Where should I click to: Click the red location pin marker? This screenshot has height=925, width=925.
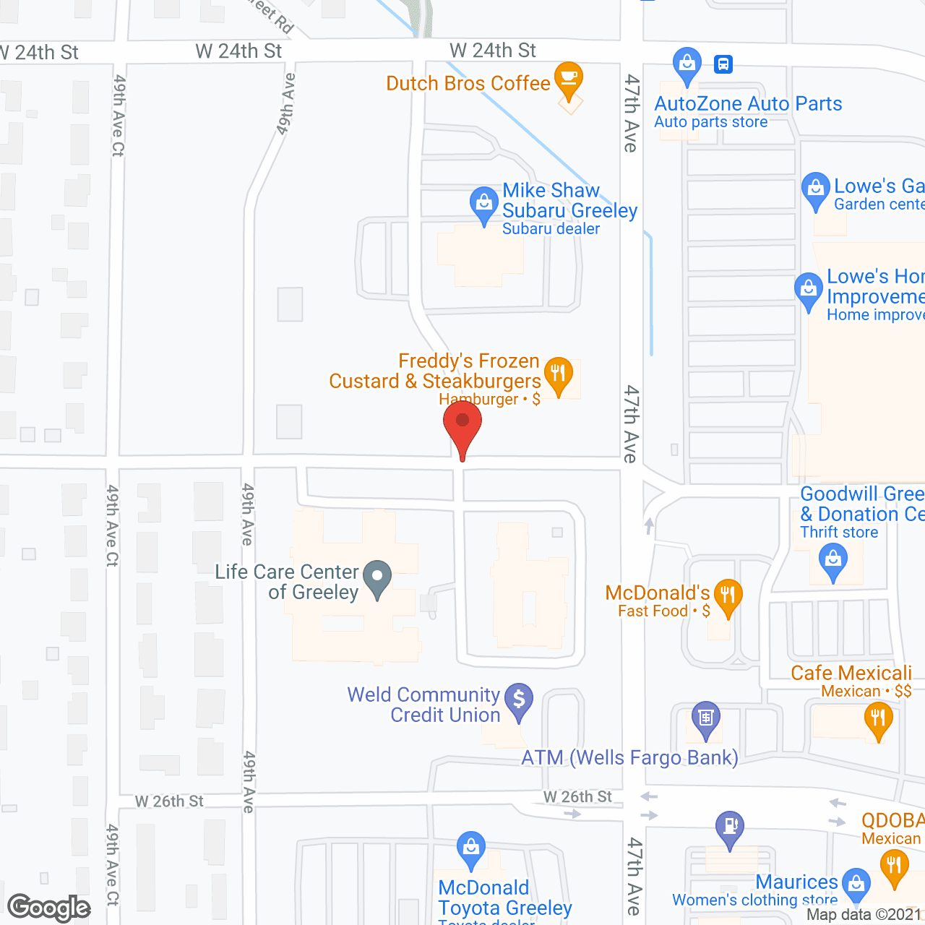coord(462,423)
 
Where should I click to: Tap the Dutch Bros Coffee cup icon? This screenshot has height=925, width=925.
coord(569,77)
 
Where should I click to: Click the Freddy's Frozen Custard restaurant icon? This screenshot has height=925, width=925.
coord(558,374)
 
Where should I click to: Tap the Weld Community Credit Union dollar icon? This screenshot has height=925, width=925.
coord(518,700)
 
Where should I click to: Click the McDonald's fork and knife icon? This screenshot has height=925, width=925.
coord(728,595)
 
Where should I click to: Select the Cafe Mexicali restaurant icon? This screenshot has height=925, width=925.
coord(878,719)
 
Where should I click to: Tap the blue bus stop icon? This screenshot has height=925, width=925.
coord(723,64)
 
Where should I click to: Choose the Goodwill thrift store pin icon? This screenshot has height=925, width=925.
coord(833,559)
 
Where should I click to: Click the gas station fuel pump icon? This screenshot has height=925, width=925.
coord(730,827)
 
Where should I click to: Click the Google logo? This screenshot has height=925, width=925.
coord(49,908)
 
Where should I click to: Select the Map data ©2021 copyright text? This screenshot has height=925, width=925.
coord(864,915)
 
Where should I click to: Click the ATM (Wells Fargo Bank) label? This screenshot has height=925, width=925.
coord(630,757)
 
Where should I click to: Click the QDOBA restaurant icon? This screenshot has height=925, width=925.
coord(894,866)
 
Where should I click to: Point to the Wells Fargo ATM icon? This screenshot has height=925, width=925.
coord(705,718)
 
